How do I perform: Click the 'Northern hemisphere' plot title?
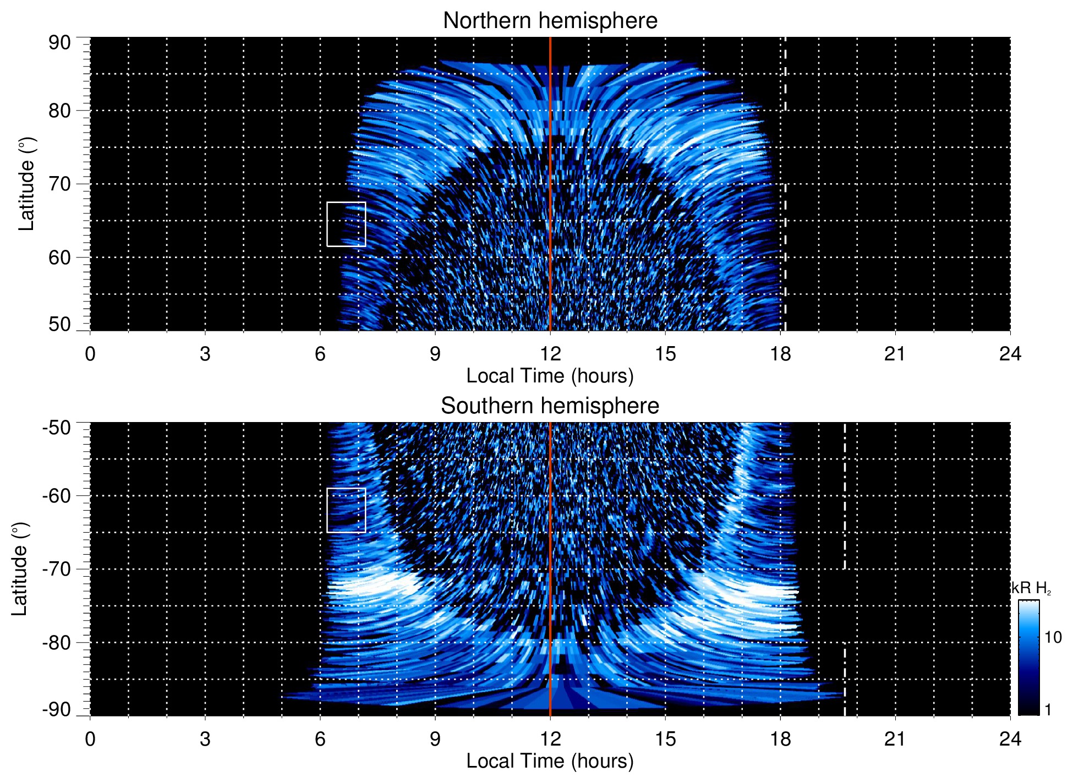point(550,21)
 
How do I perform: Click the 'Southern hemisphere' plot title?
point(550,406)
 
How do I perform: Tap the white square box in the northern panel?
point(346,224)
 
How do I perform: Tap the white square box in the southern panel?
point(346,510)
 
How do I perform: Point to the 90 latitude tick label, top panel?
point(59,43)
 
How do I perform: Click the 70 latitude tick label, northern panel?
point(59,184)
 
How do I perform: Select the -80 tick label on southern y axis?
point(57,642)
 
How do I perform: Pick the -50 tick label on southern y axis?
point(57,428)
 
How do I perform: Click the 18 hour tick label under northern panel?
point(780,354)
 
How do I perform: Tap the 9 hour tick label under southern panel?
point(435,739)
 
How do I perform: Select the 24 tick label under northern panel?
point(1010,354)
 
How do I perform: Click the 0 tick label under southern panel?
point(90,739)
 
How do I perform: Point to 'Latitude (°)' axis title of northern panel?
point(26,184)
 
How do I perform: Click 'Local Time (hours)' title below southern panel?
point(550,761)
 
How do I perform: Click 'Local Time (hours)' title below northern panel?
point(550,376)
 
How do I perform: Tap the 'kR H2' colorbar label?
point(1031,588)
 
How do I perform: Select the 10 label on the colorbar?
point(1053,637)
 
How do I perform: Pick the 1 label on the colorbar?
point(1048,710)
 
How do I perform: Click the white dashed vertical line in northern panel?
point(785,165)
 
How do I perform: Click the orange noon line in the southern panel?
point(550,550)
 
